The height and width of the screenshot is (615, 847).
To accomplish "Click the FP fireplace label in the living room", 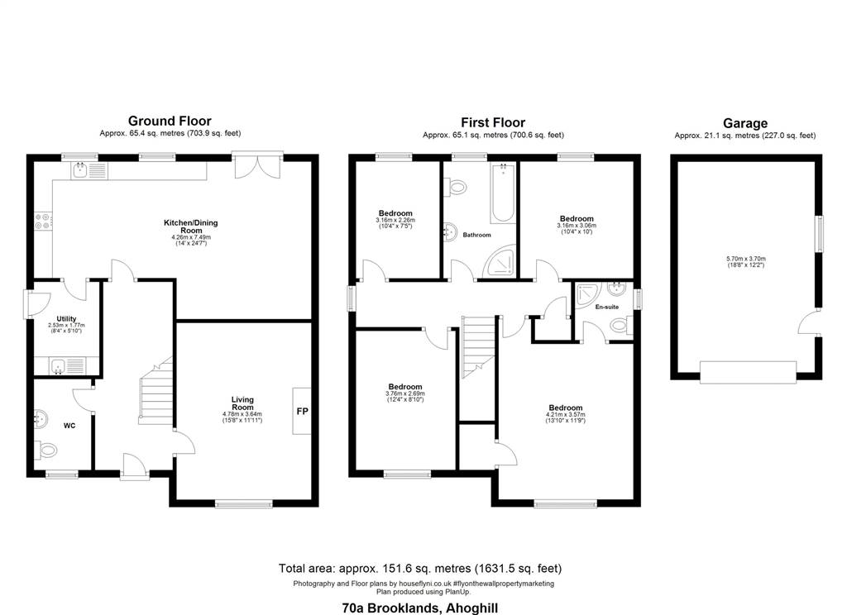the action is coord(302,412).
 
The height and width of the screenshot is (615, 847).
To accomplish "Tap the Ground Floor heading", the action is coord(170,121).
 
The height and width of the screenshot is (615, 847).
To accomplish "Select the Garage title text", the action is coord(745,123).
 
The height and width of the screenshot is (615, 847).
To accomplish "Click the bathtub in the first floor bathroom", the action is coord(503,193).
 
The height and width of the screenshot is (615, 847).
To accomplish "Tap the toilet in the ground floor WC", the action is coord(46,449).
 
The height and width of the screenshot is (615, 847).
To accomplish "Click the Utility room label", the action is coord(66,318).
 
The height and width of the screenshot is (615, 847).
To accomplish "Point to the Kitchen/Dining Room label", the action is coord(191,226).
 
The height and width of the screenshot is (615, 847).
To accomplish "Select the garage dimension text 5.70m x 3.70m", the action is coord(746,259).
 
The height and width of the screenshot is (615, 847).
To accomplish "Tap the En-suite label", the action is coord(606,307).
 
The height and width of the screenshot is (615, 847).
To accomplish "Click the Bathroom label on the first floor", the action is coord(476,235).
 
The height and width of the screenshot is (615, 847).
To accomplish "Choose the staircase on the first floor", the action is coord(479,348).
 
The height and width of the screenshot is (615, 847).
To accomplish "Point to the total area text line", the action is coord(420,568).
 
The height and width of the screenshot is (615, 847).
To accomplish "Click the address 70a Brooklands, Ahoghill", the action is coord(420,608).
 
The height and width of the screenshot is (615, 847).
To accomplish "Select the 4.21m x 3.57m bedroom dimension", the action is coord(566,414).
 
